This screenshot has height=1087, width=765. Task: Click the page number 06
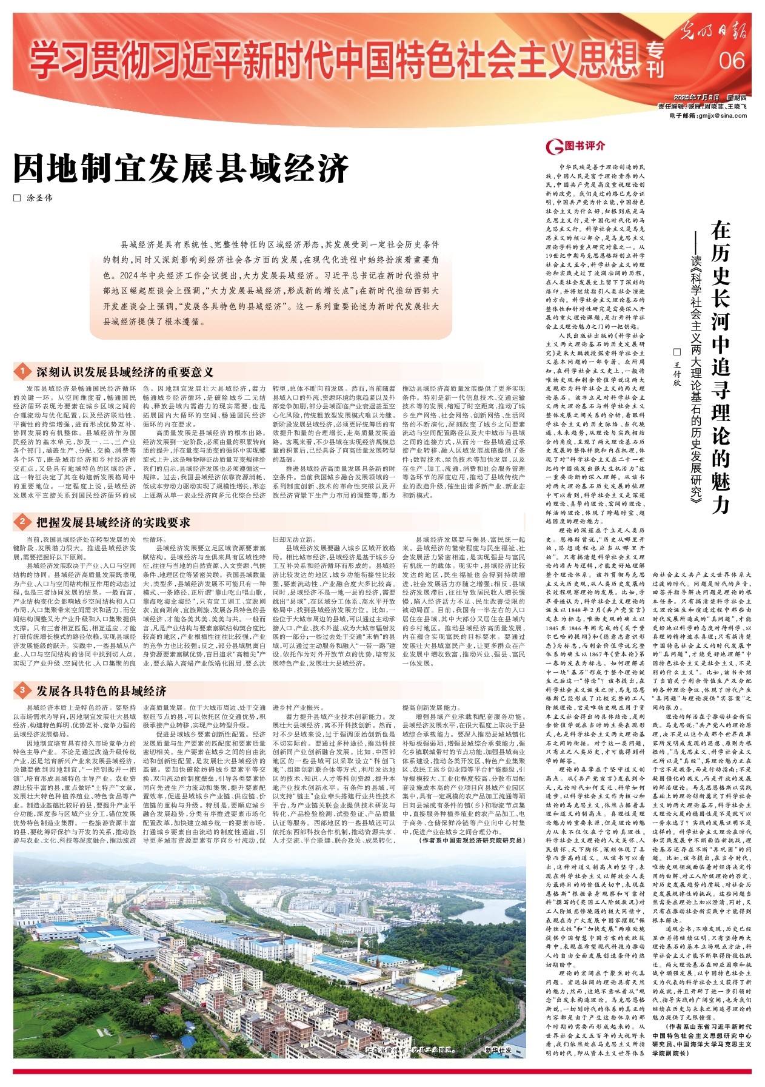(732, 61)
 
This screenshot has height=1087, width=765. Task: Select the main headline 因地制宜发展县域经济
(181, 168)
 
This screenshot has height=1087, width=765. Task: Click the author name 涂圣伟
(40, 198)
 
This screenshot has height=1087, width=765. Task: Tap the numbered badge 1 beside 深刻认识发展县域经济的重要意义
(22, 371)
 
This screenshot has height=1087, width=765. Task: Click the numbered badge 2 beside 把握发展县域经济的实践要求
(22, 522)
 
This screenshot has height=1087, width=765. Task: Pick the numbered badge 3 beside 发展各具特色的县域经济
(22, 691)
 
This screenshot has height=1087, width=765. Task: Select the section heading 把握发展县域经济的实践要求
(113, 522)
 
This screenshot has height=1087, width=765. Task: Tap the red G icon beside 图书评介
(553, 146)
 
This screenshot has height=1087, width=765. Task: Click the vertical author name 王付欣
(678, 369)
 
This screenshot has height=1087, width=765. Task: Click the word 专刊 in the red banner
(655, 61)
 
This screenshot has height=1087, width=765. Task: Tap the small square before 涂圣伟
(17, 198)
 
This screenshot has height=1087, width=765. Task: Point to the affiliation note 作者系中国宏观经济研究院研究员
(471, 840)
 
